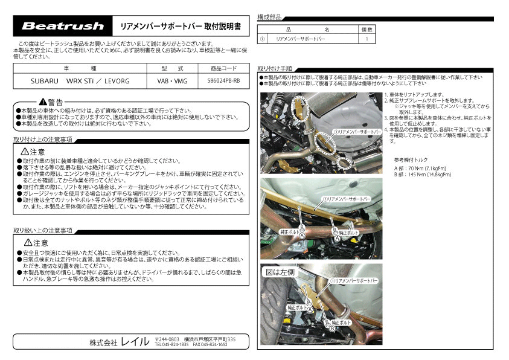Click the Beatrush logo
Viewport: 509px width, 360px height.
(63, 26)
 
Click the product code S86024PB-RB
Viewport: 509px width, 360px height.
(223, 80)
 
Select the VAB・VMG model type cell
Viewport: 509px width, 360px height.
(173, 80)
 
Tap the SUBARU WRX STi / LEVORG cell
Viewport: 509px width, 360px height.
(78, 80)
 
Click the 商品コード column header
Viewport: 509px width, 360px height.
(223, 68)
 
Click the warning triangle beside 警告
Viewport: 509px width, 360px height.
(42, 101)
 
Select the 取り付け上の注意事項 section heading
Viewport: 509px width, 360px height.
(43, 140)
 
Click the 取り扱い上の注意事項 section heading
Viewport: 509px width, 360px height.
(43, 230)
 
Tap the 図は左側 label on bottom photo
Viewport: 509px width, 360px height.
(280, 272)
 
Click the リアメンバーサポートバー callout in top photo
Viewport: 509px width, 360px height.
(356, 130)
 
